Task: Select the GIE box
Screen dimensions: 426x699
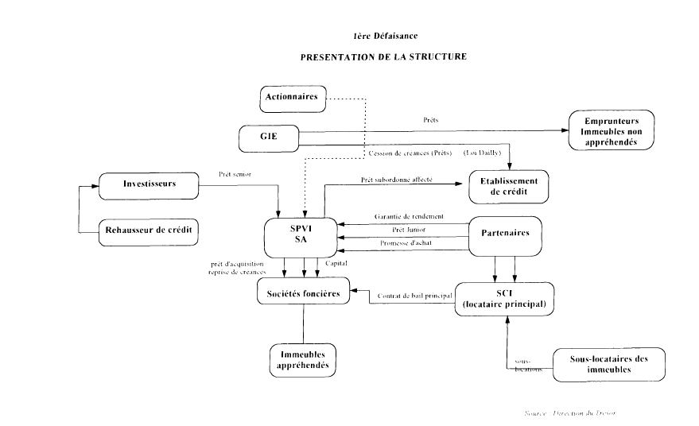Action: coord(269,137)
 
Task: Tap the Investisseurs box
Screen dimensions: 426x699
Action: coord(149,185)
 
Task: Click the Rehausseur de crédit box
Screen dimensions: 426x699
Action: coord(148,230)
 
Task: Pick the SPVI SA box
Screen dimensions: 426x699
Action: coord(301,234)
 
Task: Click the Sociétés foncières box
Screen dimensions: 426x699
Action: coord(303,292)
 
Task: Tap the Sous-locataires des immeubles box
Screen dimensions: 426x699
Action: coord(609,364)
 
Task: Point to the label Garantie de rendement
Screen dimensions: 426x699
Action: coord(404,217)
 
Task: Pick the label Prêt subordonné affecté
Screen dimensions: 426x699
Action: coord(397,180)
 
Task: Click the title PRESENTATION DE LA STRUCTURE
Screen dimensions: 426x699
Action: coord(383,57)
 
